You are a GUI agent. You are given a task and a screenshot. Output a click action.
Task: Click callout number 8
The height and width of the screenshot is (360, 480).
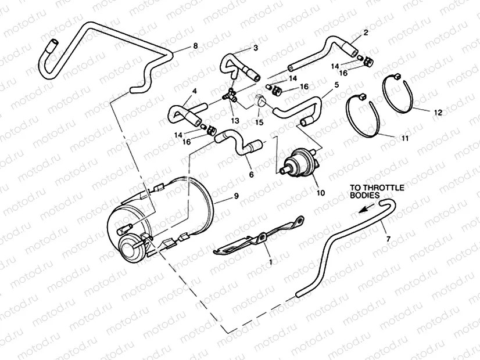195,45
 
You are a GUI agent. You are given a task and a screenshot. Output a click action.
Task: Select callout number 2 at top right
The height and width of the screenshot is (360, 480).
366,33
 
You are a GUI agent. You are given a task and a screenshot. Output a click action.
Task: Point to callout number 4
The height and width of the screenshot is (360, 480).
195,91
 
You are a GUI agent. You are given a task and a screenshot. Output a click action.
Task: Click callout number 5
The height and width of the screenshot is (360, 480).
336,85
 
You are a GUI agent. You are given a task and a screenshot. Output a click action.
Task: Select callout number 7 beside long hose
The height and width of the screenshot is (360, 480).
388,238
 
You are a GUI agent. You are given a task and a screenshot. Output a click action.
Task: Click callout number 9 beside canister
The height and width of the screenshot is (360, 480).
236,197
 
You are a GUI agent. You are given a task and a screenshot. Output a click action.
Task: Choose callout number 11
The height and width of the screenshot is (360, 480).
404,140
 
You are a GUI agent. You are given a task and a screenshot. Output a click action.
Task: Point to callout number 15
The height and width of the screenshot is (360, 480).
259,123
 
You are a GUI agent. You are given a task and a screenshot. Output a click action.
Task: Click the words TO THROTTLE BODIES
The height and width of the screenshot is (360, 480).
377,192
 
